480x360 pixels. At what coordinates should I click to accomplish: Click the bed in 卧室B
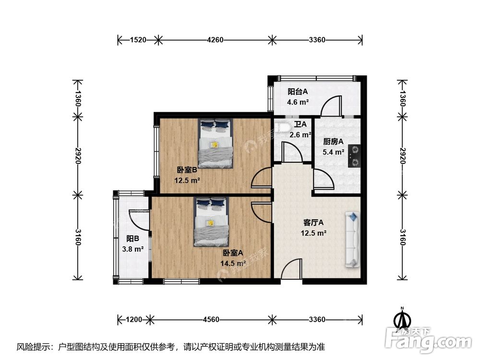pyautogui.click(x=216, y=144)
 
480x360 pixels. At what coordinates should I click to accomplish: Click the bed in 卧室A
pyautogui.click(x=211, y=222)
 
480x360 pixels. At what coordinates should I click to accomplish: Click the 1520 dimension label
pyautogui.click(x=138, y=40)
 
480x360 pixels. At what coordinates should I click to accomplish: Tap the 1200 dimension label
pyautogui.click(x=134, y=319)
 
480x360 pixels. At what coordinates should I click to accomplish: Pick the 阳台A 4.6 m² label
pyautogui.click(x=298, y=96)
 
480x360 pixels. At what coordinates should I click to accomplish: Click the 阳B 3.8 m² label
pyautogui.click(x=133, y=243)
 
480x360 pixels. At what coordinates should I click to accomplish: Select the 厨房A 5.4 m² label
pyautogui.click(x=333, y=147)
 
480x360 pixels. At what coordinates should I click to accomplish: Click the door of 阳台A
pyautogui.click(x=331, y=106)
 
